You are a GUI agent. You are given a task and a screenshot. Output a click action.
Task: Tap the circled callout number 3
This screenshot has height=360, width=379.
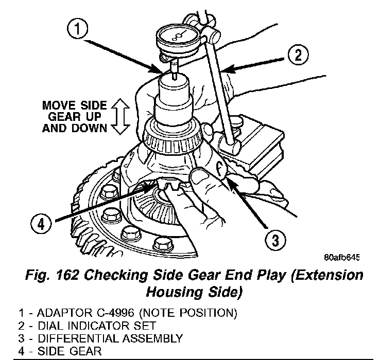274,240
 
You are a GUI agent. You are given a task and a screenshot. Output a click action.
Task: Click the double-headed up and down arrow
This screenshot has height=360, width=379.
119,117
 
